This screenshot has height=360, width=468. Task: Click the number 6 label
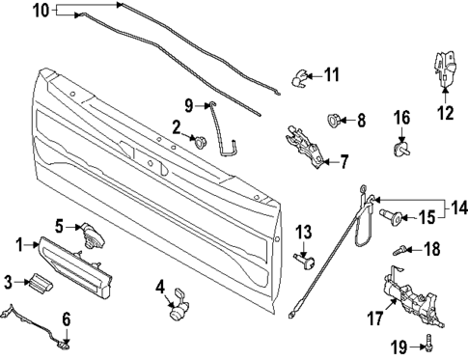click(67, 319)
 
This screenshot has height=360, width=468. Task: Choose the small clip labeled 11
click(301, 73)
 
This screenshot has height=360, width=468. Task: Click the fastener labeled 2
click(202, 143)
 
